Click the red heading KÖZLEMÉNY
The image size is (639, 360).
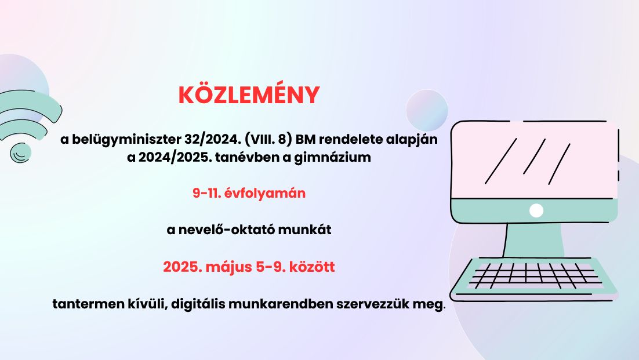pos(249,95)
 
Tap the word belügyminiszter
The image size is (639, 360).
pos(125,140)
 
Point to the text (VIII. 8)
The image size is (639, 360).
pos(268,139)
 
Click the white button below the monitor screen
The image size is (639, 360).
pos(536,210)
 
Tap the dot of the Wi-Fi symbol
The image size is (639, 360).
pos(20,153)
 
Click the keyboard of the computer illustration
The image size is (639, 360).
pos(534,278)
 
